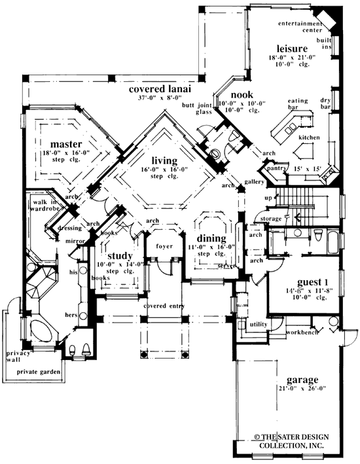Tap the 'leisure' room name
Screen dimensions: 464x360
(x=292, y=49)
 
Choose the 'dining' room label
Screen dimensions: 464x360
(x=210, y=239)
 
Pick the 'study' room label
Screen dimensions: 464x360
(x=120, y=256)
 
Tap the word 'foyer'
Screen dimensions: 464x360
(x=164, y=247)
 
